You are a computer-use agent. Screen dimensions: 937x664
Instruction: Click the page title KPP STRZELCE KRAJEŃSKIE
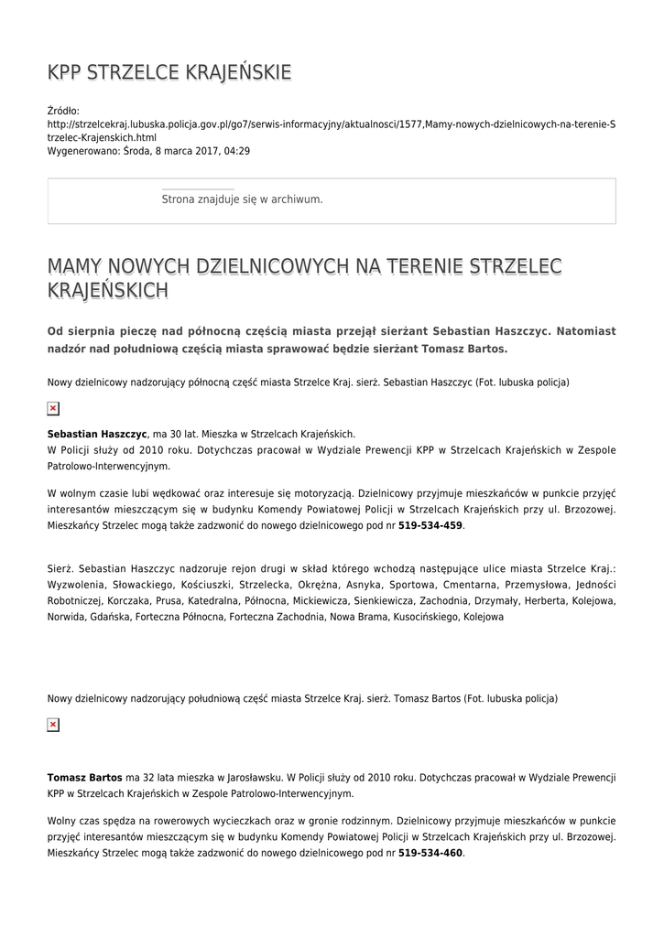(x=169, y=72)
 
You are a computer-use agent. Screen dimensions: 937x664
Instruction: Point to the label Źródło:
(x=63, y=111)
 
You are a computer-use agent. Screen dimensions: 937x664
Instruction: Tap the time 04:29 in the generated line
(x=236, y=151)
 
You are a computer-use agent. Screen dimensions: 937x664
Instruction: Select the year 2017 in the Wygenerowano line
(x=203, y=151)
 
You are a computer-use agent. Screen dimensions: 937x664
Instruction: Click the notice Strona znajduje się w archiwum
(x=242, y=199)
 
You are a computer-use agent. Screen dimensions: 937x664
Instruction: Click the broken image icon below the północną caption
(x=53, y=408)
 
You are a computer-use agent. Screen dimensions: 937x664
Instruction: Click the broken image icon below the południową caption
(x=53, y=725)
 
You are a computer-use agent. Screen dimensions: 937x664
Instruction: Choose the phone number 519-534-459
(x=430, y=526)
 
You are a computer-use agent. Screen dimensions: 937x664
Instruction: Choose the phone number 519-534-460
(x=430, y=853)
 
